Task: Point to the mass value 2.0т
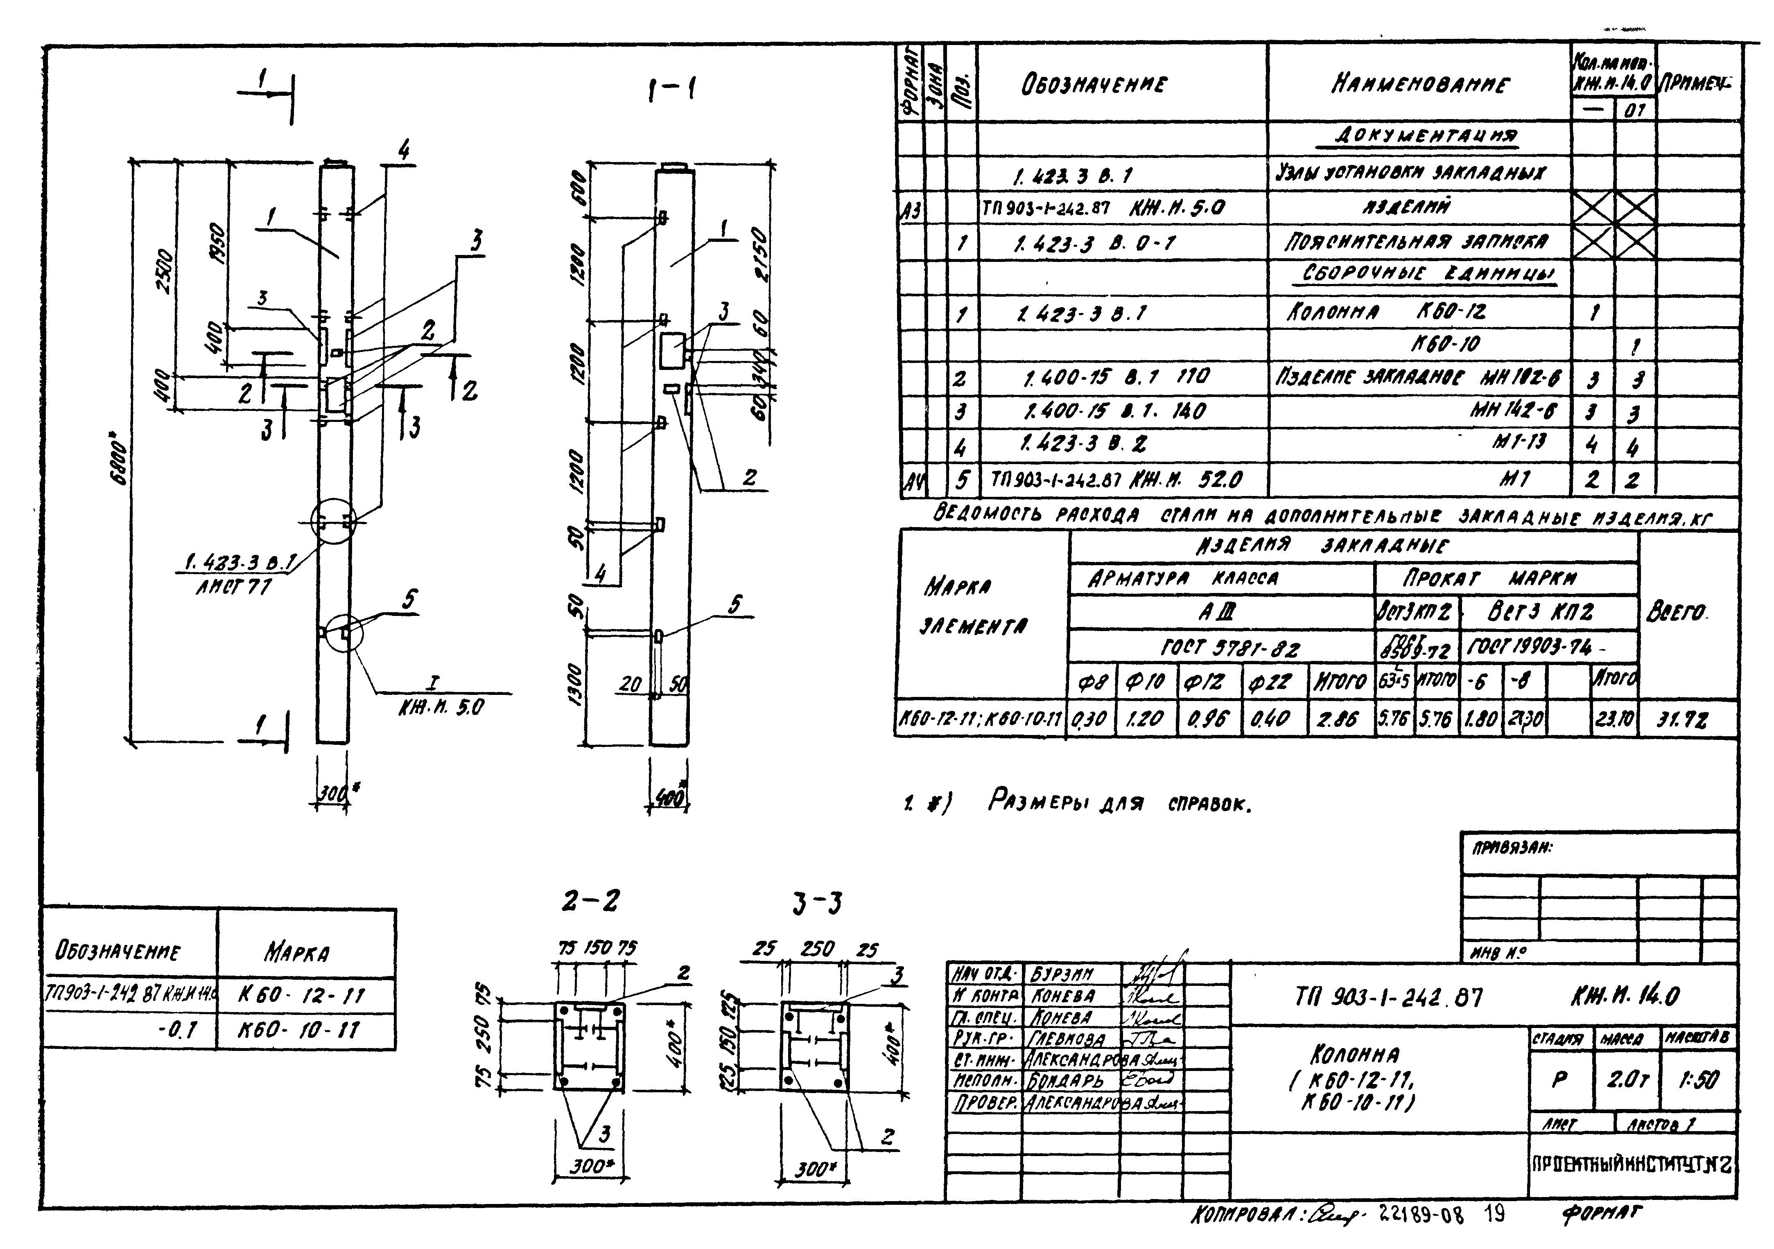pos(1627,1080)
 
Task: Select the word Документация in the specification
pos(1426,136)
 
